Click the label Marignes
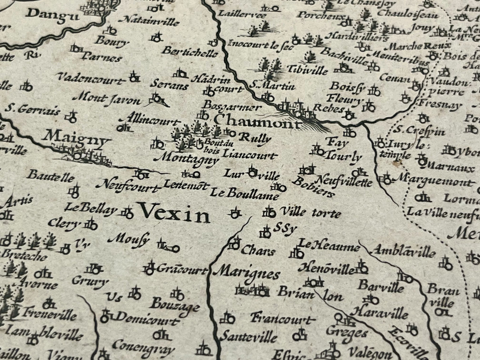[x=247, y=274]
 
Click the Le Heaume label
[x=329, y=247]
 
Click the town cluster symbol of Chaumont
[x=296, y=110]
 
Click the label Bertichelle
[x=191, y=52]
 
